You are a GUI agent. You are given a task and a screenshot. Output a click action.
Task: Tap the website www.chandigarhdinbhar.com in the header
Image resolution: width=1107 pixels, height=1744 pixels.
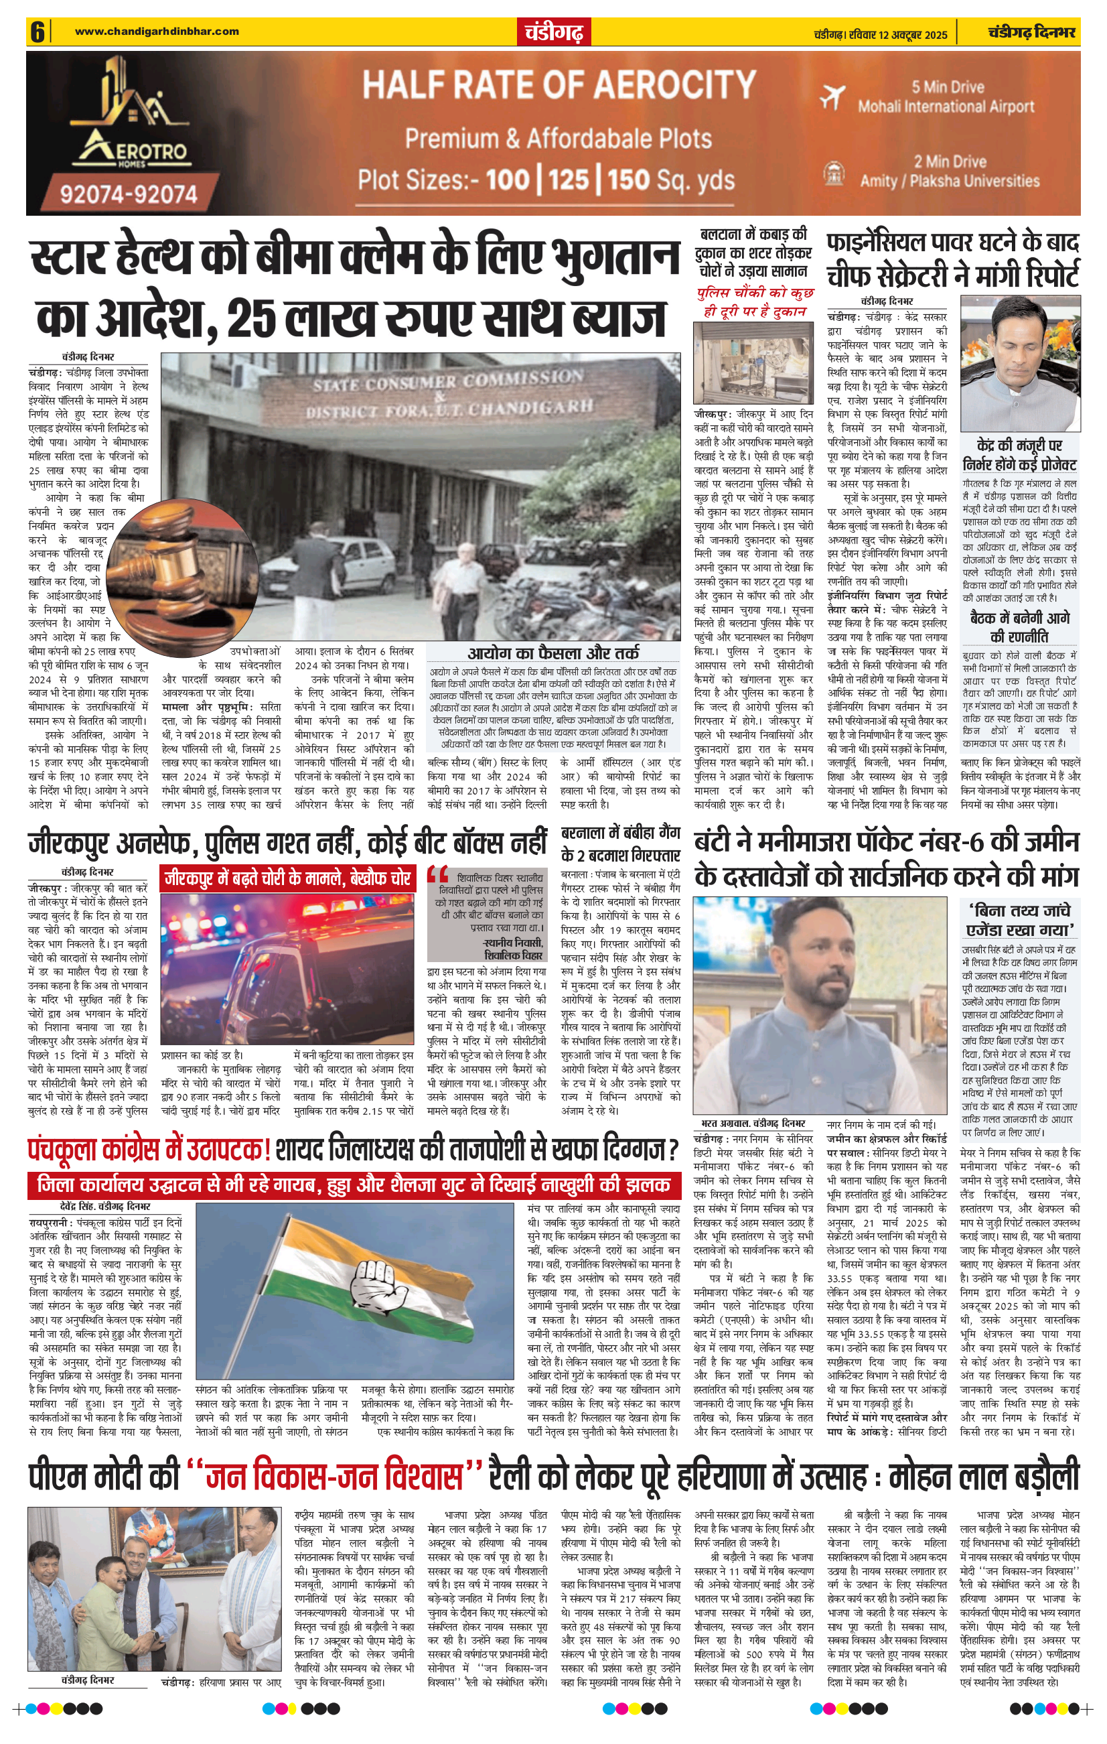click(157, 31)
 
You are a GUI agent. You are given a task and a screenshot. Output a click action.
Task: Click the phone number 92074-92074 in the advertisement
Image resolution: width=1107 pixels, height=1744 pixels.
click(128, 194)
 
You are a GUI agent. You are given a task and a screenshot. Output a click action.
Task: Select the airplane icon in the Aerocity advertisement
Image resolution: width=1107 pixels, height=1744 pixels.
click(833, 96)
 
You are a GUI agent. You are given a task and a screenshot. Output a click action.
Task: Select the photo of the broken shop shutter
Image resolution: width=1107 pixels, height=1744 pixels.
click(753, 361)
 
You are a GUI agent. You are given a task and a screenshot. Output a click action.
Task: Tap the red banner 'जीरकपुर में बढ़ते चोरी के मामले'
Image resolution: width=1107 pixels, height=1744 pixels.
click(287, 878)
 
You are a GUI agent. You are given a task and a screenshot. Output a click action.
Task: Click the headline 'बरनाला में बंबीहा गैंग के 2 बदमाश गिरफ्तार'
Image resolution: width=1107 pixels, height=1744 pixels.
click(621, 844)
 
